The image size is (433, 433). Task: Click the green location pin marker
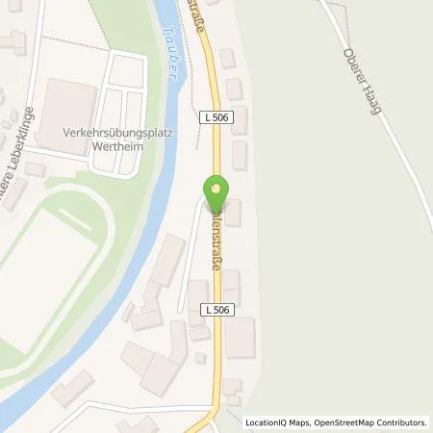click(x=216, y=193)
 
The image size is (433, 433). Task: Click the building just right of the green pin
click(x=232, y=213)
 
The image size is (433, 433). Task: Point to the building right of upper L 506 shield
click(x=240, y=120)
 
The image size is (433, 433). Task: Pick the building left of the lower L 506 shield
click(x=196, y=300)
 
